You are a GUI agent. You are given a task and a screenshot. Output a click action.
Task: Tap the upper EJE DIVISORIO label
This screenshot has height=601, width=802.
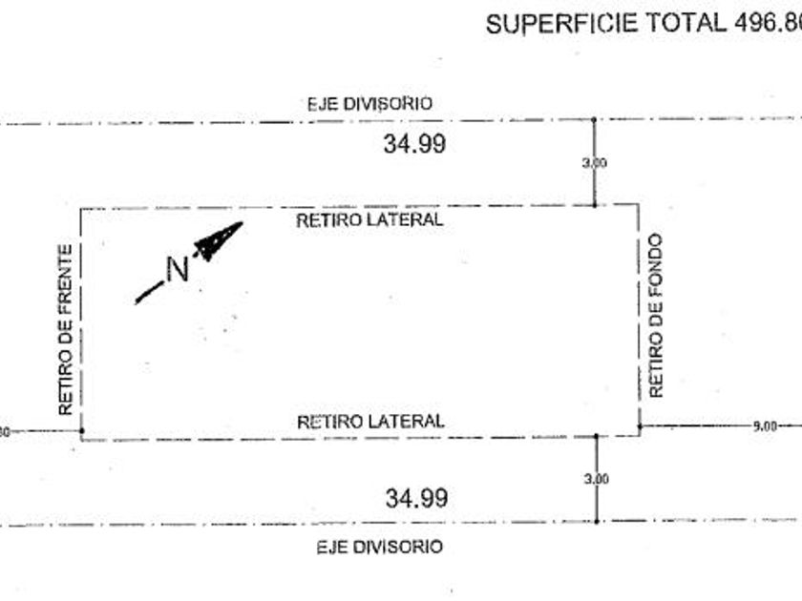pos(369,103)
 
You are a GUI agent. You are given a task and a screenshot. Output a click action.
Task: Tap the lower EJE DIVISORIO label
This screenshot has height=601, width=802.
pos(380,548)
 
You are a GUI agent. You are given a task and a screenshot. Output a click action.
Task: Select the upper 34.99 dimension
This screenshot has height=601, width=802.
pos(414,145)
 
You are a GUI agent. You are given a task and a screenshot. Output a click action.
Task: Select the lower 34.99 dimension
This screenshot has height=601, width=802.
pos(416,498)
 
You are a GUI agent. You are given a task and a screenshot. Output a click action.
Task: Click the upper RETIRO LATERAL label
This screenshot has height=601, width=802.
pos(369,219)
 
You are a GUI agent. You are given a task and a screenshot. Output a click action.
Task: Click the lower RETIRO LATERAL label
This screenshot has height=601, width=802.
pos(370,421)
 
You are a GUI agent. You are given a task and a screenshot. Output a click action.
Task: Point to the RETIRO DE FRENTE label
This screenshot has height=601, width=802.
pos(66,330)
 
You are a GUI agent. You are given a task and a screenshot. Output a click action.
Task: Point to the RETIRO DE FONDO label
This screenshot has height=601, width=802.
pos(656,316)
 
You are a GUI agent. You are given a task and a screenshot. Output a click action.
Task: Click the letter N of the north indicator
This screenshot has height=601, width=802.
pos(177,269)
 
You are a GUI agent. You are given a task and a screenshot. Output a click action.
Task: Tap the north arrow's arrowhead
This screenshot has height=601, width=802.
pos(222,238)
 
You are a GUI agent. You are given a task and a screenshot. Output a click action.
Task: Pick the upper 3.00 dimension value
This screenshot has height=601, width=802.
pos(594,163)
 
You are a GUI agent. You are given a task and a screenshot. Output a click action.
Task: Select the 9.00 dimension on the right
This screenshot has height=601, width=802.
pos(764,426)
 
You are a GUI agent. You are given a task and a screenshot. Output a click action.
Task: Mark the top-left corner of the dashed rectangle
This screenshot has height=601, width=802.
pos(81,209)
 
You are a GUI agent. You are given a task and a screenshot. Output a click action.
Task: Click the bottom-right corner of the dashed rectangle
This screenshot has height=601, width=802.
pos(639,435)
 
